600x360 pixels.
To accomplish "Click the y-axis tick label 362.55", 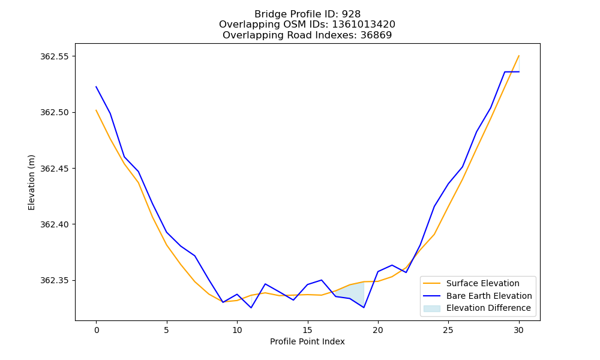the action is pos(55,56).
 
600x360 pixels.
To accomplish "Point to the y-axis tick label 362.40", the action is pos(55,224).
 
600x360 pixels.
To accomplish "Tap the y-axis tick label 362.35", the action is pos(55,280).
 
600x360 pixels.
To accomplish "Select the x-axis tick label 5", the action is pos(166,330).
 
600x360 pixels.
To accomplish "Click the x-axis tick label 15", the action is pos(307,330).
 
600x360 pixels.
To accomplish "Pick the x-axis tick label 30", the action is pos(518,330).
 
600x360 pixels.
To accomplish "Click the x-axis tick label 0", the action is pos(96,330).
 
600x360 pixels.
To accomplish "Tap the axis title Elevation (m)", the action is pos(31,182).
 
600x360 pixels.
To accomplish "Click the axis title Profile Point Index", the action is pos(307,341).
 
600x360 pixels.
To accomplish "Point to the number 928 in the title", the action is pos(351,14).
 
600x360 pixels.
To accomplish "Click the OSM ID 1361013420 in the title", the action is pos(364,25).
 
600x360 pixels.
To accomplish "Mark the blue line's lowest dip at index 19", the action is pos(364,307).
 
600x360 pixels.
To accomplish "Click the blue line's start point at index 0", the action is pos(96,87).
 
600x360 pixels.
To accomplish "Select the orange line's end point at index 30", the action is pos(519,56).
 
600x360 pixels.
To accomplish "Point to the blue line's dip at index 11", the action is pos(251,308).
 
